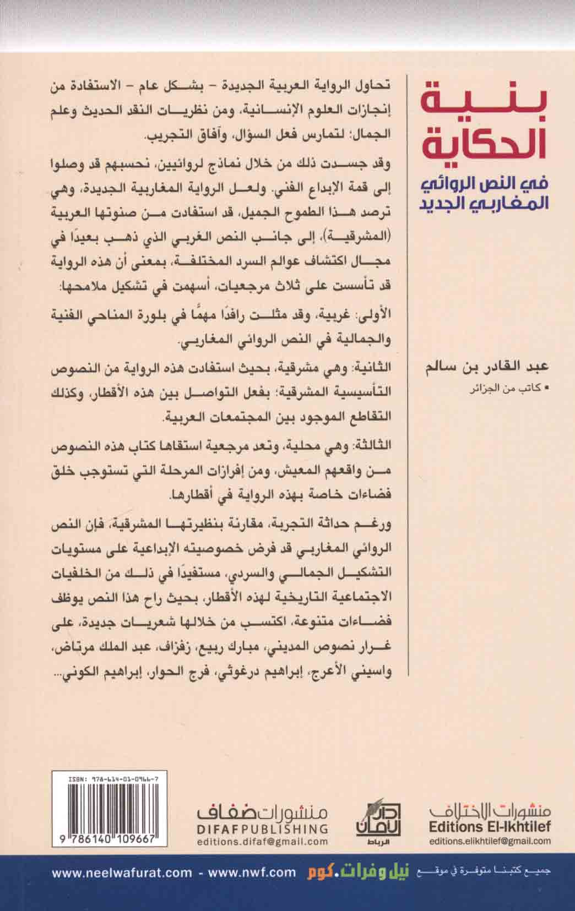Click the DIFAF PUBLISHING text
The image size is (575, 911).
[x=262, y=828]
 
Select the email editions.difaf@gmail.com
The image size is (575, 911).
[x=262, y=842]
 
